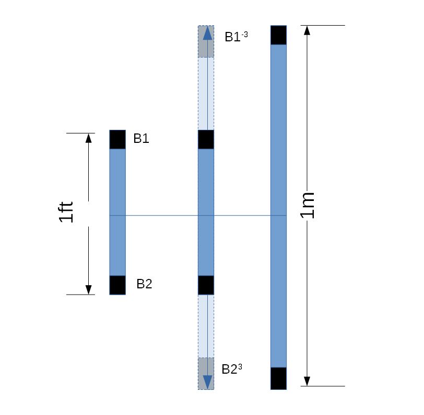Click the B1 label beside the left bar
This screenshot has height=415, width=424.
point(141,139)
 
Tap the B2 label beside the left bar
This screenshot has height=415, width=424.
point(145,284)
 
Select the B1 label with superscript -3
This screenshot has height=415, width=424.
point(236,37)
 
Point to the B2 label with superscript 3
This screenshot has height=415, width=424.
point(232,369)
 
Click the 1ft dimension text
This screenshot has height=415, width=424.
point(66,212)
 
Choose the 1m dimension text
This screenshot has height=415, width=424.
point(308,205)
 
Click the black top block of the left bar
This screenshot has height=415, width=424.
point(117,139)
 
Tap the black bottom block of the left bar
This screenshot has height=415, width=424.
point(117,285)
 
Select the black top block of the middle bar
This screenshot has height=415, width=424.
point(206,139)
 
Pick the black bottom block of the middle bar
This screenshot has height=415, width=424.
point(206,285)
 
